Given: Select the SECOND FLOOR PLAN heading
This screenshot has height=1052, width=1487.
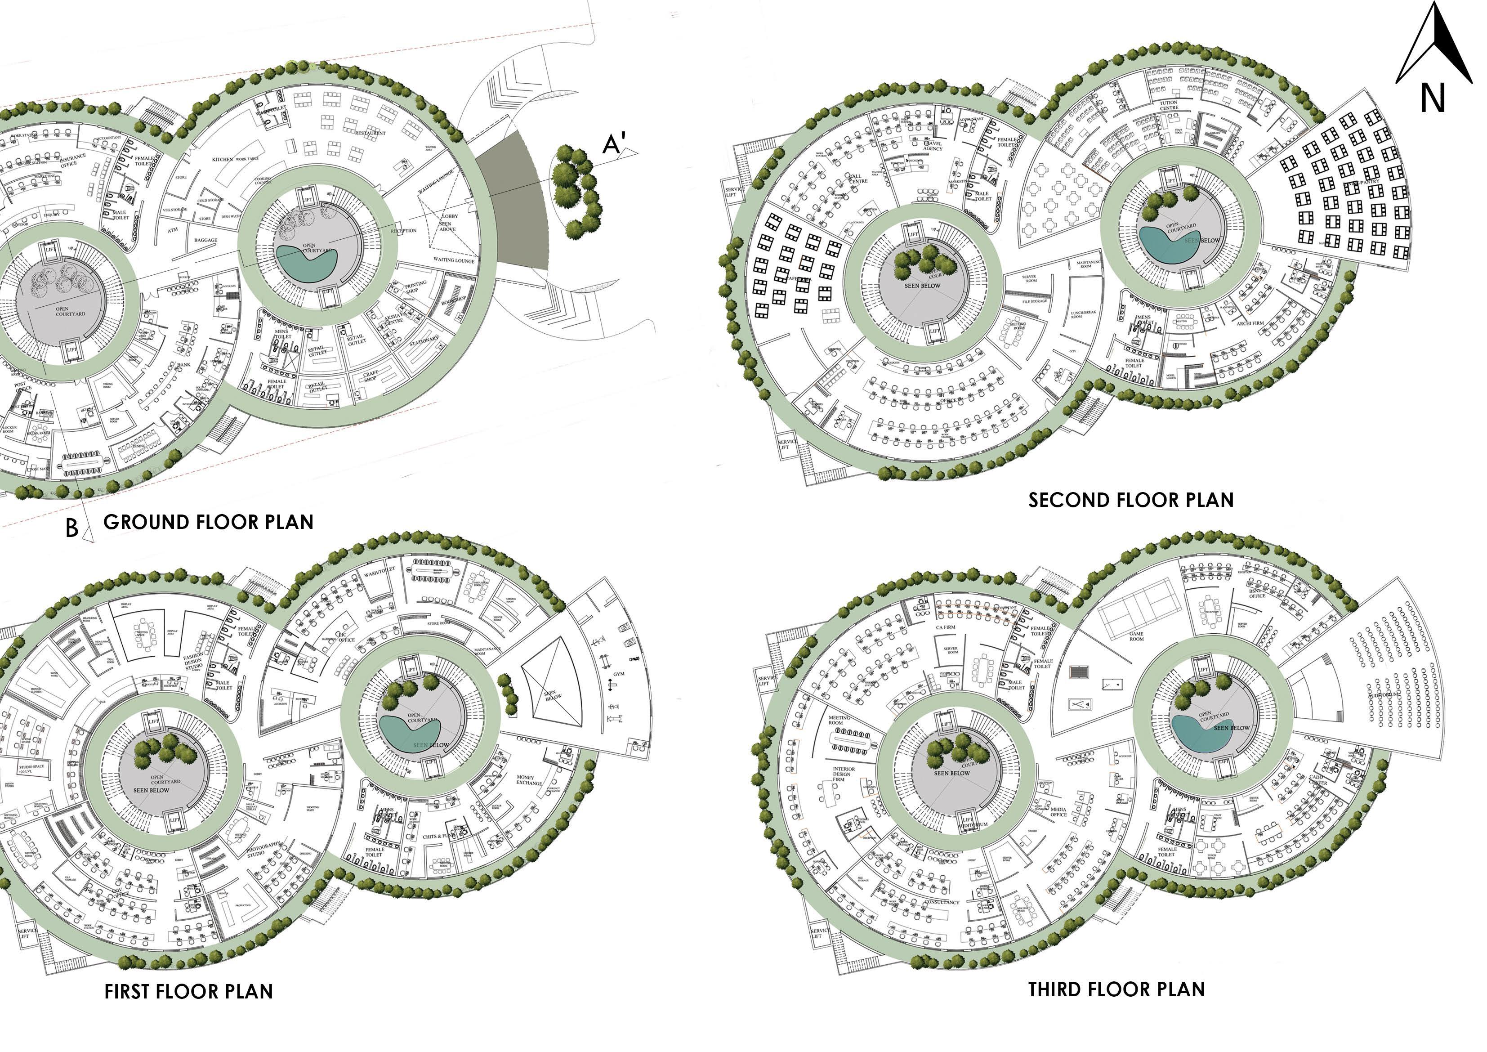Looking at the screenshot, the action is [1131, 500].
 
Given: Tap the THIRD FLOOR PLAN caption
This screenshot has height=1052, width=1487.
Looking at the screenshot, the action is [1116, 990].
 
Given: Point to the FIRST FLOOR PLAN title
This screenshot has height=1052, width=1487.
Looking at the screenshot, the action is [188, 992].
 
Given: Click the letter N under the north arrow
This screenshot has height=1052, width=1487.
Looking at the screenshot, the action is [1433, 98].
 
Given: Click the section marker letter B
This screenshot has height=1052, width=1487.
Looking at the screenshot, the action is [72, 528].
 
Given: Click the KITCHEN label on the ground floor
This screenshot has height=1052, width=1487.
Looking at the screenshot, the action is [222, 159].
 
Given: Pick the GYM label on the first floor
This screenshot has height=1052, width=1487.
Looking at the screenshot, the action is [619, 674].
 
